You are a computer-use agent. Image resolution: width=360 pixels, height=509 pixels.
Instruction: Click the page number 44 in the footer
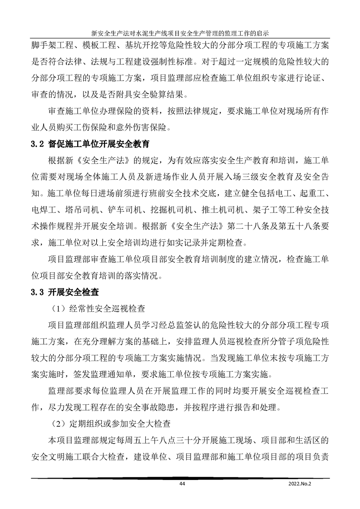pos(182,484)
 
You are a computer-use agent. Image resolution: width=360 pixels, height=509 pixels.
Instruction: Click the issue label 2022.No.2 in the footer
pos(301,484)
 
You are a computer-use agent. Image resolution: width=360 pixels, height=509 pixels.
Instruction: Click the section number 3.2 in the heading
pos(36,145)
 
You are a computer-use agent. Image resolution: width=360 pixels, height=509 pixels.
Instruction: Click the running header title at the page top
pos(180,33)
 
